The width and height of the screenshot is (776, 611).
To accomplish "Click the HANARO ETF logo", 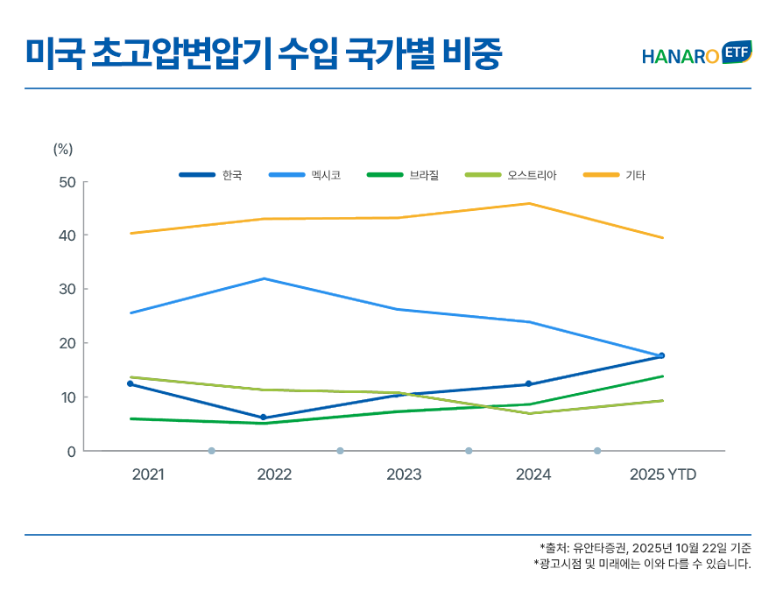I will [x=696, y=54].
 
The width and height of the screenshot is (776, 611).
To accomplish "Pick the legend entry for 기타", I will [x=614, y=175].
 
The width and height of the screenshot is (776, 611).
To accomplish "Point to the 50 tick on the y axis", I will [x=67, y=182].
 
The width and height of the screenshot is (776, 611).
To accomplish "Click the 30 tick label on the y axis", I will [x=67, y=290].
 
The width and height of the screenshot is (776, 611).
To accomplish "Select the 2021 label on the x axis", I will [x=147, y=474].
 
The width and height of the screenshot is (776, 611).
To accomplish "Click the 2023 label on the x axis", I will [x=404, y=474].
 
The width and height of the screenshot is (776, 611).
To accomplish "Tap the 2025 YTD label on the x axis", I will [x=663, y=474].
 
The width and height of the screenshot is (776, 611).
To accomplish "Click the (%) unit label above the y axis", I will [x=63, y=149].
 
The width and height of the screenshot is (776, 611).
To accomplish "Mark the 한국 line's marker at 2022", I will [x=264, y=418].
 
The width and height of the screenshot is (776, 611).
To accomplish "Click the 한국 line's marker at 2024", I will [x=528, y=383].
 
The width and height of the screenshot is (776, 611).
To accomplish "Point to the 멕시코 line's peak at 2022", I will [x=265, y=278].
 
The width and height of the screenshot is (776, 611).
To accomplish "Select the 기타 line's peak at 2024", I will [x=529, y=204].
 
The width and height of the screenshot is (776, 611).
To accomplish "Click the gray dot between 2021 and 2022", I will [x=211, y=451].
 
